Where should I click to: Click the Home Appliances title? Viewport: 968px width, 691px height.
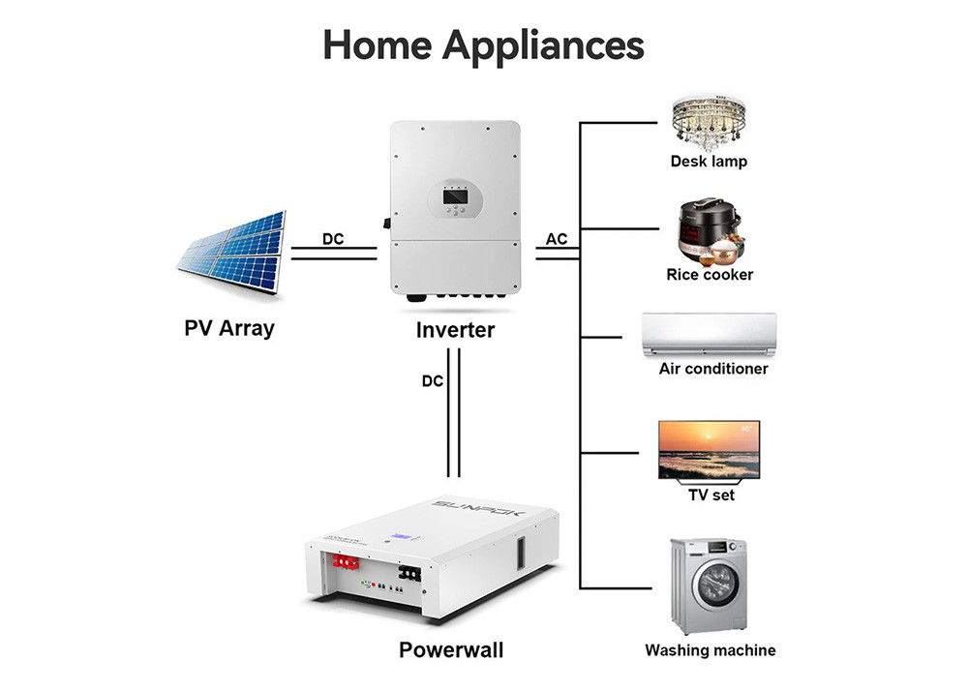[483, 45]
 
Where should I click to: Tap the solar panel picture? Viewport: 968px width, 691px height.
[232, 252]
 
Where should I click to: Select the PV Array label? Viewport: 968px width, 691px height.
[229, 328]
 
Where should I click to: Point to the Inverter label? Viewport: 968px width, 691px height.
[455, 330]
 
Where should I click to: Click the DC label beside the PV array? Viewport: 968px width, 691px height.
[333, 239]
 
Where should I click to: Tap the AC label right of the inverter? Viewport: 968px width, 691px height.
[557, 239]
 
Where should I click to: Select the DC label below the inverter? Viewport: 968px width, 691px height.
[433, 381]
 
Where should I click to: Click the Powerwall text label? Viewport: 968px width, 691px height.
[451, 649]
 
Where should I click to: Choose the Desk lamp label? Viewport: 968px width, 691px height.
[709, 162]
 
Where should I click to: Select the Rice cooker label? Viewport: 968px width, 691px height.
[710, 275]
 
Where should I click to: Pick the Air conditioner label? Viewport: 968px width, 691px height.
[713, 369]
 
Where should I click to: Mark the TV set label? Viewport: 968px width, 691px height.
[710, 496]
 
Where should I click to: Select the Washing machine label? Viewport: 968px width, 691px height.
[710, 650]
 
